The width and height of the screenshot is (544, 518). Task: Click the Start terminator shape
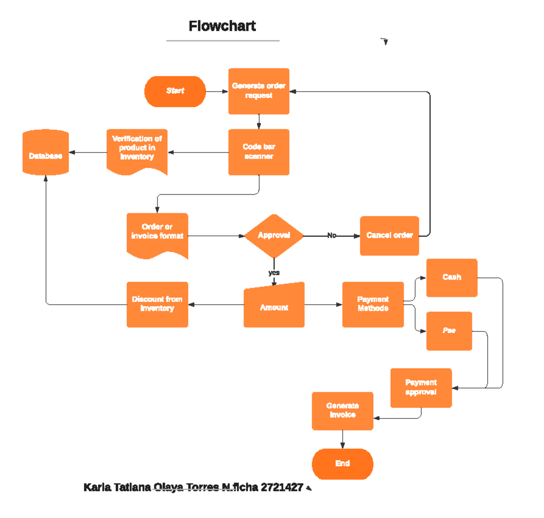pos(175,91)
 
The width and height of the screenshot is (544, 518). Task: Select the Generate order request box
pos(259,91)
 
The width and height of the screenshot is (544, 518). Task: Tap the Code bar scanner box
pos(259,152)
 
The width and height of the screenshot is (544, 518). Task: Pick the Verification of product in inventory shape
pos(137,149)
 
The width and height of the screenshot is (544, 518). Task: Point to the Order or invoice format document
pos(157,234)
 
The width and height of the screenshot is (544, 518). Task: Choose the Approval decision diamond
pos(274,235)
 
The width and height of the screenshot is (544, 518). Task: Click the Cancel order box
pos(389,235)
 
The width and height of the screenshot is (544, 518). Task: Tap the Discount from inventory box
pos(157,304)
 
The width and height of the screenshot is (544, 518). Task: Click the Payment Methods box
pos(373,304)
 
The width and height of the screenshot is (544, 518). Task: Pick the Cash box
pos(452,278)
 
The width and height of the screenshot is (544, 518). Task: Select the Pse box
pos(449,331)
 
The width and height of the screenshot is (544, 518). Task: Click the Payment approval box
pos(421,388)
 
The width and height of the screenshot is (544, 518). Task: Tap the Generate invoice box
pos(343,411)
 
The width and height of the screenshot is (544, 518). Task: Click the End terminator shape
pos(343,464)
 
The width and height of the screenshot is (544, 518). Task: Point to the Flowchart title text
pos(222,26)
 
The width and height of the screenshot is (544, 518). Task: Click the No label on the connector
pos(332,235)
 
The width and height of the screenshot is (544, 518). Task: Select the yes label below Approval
pos(274,273)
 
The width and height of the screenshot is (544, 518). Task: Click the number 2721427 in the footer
pos(282,487)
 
